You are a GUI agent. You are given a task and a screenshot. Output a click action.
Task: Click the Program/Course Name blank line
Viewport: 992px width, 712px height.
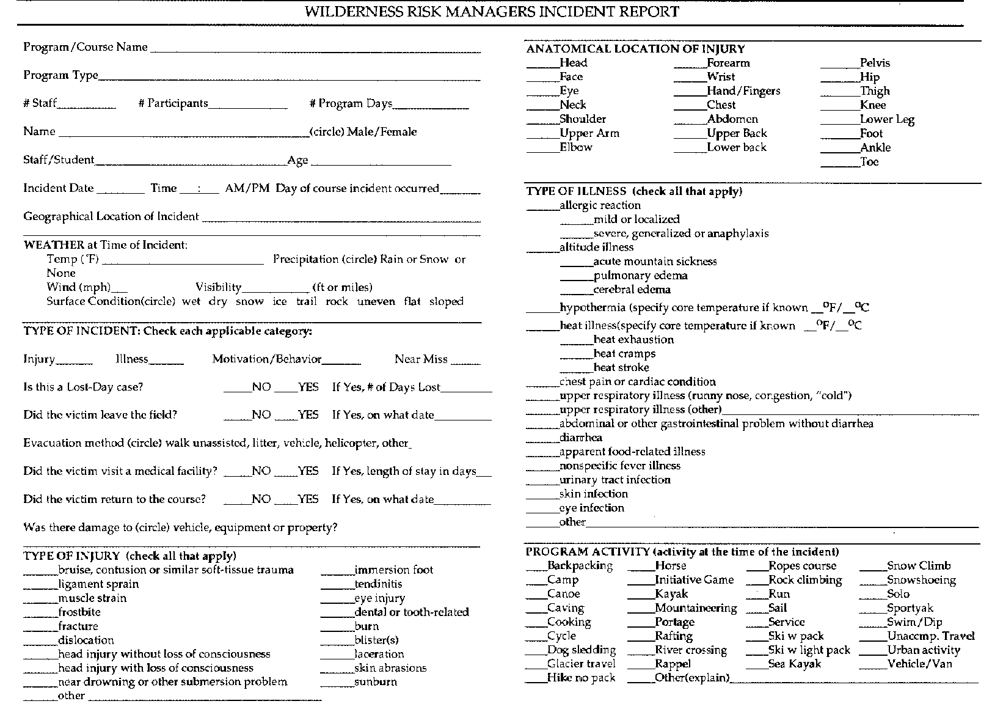pyautogui.click(x=315, y=50)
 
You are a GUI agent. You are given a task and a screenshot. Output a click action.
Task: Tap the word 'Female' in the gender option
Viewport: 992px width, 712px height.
pyautogui.click(x=399, y=132)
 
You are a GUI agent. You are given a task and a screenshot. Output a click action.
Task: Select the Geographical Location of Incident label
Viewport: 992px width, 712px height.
pyautogui.click(x=111, y=216)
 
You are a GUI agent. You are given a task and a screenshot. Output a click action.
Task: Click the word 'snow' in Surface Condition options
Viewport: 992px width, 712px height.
pyautogui.click(x=249, y=301)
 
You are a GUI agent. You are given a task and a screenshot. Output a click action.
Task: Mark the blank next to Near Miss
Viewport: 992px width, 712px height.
pyautogui.click(x=468, y=362)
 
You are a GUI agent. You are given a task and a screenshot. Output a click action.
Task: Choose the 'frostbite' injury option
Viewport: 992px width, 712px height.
pyautogui.click(x=79, y=612)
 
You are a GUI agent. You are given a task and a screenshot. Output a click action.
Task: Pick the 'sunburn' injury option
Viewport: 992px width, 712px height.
pyautogui.click(x=375, y=682)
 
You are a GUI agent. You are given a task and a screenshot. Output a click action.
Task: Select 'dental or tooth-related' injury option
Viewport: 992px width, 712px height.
pyautogui.click(x=411, y=612)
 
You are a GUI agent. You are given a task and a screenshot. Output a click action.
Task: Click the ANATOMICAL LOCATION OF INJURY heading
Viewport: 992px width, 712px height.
pyautogui.click(x=635, y=49)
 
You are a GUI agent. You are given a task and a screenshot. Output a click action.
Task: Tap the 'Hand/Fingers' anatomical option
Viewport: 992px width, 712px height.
pyautogui.click(x=743, y=91)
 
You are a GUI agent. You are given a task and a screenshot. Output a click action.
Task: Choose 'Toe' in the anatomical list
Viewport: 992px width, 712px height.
pyautogui.click(x=869, y=162)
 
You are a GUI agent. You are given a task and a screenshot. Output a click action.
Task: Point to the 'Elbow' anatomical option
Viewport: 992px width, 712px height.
pyautogui.click(x=576, y=147)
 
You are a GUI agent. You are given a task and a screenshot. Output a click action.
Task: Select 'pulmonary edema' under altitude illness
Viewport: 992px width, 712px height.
pyautogui.click(x=640, y=276)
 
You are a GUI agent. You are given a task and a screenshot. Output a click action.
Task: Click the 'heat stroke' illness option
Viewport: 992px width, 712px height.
pyautogui.click(x=621, y=368)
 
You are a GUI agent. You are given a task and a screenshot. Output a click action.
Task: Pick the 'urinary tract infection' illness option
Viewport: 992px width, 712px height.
pyautogui.click(x=615, y=480)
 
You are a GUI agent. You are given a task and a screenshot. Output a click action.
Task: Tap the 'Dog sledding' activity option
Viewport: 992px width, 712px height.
pyautogui.click(x=581, y=650)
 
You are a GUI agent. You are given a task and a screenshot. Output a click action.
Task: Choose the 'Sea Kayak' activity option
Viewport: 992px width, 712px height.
pyautogui.click(x=794, y=664)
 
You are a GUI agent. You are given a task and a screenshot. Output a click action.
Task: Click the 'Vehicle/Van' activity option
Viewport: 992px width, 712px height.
pyautogui.click(x=919, y=664)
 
